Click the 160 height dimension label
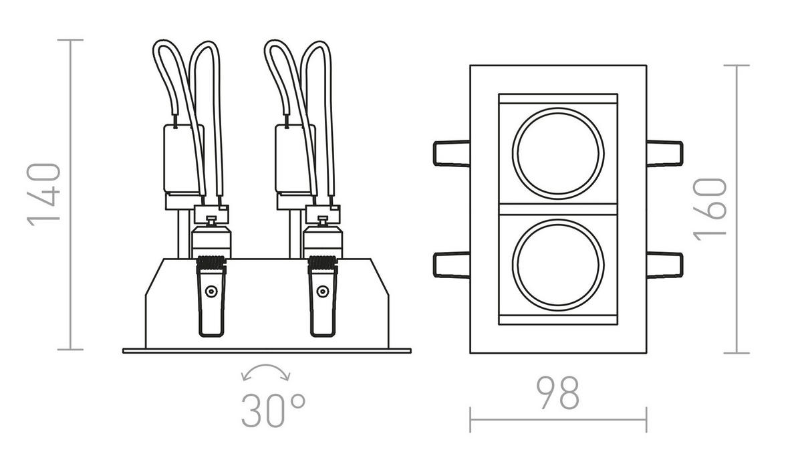pyautogui.click(x=710, y=209)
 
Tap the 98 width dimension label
pyautogui.click(x=557, y=394)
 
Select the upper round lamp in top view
pyautogui.click(x=558, y=152)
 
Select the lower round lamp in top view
pyautogui.click(x=558, y=264)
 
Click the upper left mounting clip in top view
pyautogui.click(x=451, y=153)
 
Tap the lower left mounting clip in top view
pyautogui.click(x=451, y=264)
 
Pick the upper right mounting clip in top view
pyautogui.click(x=664, y=153)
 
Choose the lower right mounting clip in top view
pyautogui.click(x=664, y=264)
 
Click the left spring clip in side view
pyautogui.click(x=211, y=297)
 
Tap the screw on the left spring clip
pyautogui.click(x=211, y=291)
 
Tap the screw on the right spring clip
pyautogui.click(x=323, y=291)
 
